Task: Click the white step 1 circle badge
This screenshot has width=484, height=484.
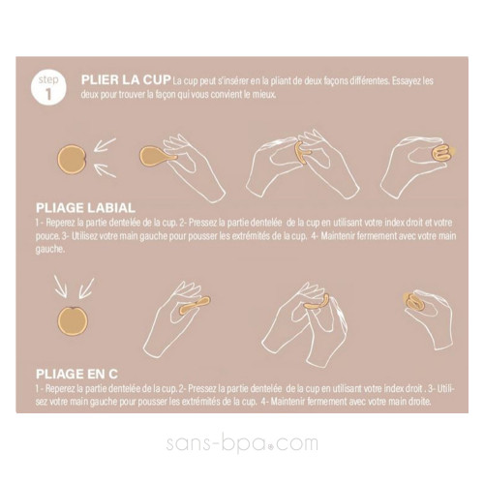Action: click(48, 87)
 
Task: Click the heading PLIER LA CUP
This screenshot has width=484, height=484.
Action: click(126, 80)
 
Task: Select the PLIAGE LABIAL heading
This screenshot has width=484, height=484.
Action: click(85, 208)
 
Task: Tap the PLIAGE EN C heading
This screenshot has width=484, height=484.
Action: click(76, 374)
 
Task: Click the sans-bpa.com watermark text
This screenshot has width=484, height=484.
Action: click(242, 442)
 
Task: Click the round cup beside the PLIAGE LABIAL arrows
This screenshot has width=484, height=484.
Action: click(72, 160)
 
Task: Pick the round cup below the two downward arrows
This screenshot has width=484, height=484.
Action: click(73, 321)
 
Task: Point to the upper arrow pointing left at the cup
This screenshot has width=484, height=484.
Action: click(105, 144)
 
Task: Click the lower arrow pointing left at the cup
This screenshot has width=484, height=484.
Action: click(106, 169)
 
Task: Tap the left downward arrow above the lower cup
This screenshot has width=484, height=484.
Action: click(61, 286)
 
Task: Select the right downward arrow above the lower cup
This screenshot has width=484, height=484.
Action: click(86, 287)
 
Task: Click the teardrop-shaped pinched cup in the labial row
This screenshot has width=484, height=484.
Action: click(158, 157)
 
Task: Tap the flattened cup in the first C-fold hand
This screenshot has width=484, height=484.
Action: click(195, 305)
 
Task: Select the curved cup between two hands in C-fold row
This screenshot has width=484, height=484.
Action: click(318, 303)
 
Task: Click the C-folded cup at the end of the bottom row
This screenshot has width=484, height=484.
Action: click(414, 303)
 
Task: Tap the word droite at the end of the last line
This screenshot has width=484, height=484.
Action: click(419, 402)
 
